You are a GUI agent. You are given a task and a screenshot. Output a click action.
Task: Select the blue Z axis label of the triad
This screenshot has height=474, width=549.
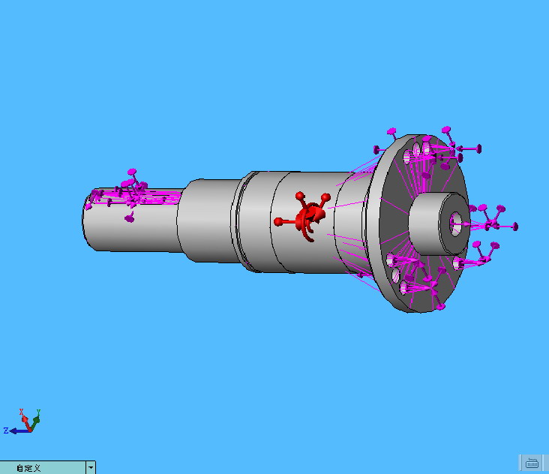coord(5,430)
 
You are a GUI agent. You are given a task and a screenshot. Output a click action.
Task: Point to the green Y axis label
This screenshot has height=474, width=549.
coord(38,412)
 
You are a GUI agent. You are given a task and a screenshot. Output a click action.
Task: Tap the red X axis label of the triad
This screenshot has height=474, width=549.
coord(22,412)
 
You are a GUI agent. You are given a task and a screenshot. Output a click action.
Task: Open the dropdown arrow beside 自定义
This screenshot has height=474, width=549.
coord(91,467)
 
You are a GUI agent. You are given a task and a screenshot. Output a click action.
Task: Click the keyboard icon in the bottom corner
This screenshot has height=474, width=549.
coord(532,462)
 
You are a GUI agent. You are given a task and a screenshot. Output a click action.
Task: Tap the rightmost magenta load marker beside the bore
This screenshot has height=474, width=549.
coord(514,226)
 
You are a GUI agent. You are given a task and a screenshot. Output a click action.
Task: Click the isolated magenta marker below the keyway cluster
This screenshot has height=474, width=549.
coord(129,218)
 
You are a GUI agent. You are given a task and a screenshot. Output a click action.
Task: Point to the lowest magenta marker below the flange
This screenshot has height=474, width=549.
coord(441,307)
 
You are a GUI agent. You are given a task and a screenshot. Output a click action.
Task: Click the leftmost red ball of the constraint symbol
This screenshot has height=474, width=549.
coord(278,221)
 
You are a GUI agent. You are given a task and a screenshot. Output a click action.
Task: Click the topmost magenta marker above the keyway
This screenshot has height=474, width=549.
coord(133,172)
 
